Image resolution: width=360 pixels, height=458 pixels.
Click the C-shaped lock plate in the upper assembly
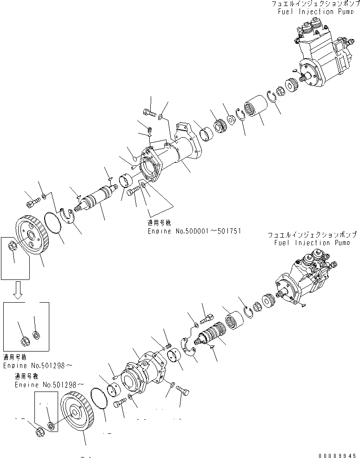click(x=69, y=217)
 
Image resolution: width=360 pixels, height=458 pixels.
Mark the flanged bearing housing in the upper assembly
click(x=172, y=158)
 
